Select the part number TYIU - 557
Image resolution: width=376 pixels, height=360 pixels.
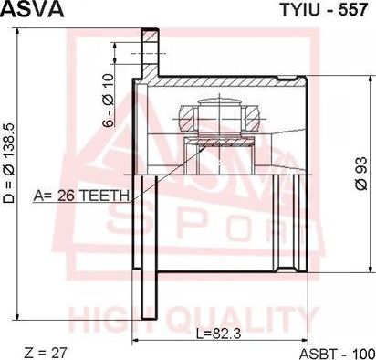(324, 10)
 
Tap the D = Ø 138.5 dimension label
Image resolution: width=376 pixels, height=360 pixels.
(9, 164)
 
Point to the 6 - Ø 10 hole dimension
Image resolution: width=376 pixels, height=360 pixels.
(109, 101)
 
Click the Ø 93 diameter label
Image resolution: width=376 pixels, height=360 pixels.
(361, 174)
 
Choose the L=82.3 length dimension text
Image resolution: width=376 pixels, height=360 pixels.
(219, 334)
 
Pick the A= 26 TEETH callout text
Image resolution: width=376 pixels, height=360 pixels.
(81, 196)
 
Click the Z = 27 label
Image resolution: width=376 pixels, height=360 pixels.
(45, 353)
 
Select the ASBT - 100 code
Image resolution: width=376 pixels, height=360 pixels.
(338, 354)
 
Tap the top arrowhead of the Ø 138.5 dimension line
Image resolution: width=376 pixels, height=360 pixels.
(18, 31)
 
